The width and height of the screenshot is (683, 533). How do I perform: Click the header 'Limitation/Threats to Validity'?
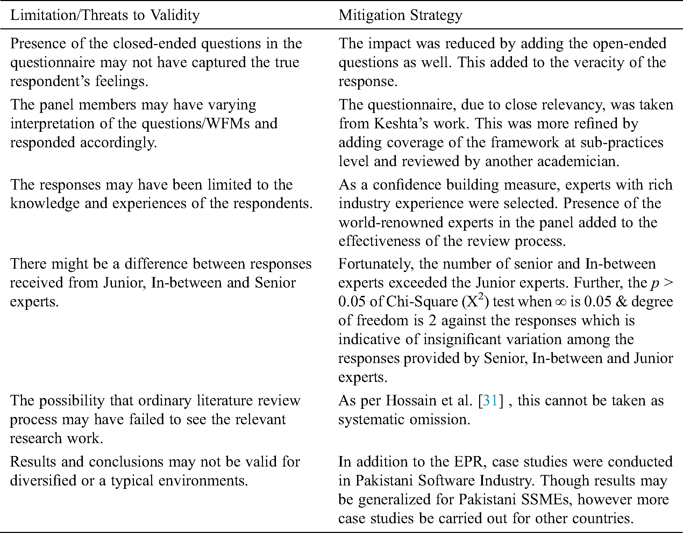(105, 15)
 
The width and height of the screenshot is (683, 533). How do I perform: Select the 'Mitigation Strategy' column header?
(400, 15)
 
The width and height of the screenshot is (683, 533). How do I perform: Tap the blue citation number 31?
(490, 400)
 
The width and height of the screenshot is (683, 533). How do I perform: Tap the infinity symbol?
(560, 301)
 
